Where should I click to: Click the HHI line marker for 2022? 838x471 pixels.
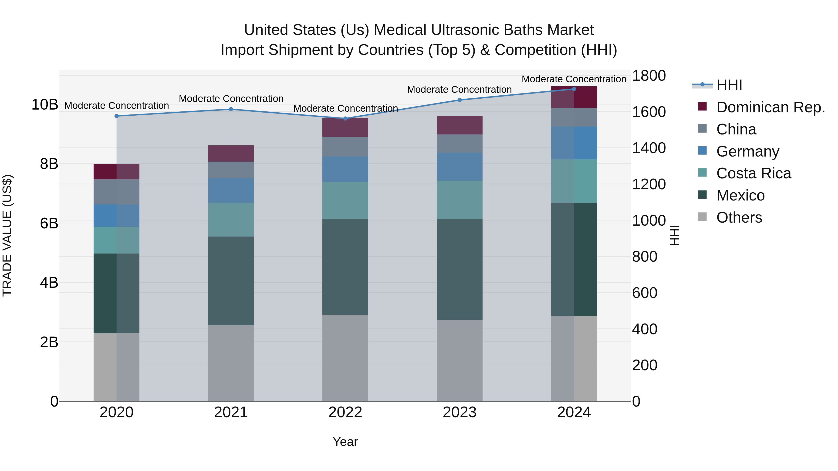[345, 119]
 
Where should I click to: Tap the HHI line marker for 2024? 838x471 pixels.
[574, 89]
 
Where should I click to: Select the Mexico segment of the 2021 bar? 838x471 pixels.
[231, 281]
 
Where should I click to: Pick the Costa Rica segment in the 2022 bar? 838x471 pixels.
[345, 200]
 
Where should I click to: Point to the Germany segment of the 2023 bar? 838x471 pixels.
[459, 167]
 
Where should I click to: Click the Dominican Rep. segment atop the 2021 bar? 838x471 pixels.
[231, 154]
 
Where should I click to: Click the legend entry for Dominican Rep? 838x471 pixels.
[770, 107]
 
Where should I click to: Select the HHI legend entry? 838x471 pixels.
[729, 85]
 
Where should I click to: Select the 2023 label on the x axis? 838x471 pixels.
[459, 412]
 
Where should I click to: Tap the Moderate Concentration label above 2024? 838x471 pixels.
[574, 79]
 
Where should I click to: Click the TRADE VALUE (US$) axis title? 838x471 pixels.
[7, 235]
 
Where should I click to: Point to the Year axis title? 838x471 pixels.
[345, 442]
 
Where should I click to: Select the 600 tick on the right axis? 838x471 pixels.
[644, 293]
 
